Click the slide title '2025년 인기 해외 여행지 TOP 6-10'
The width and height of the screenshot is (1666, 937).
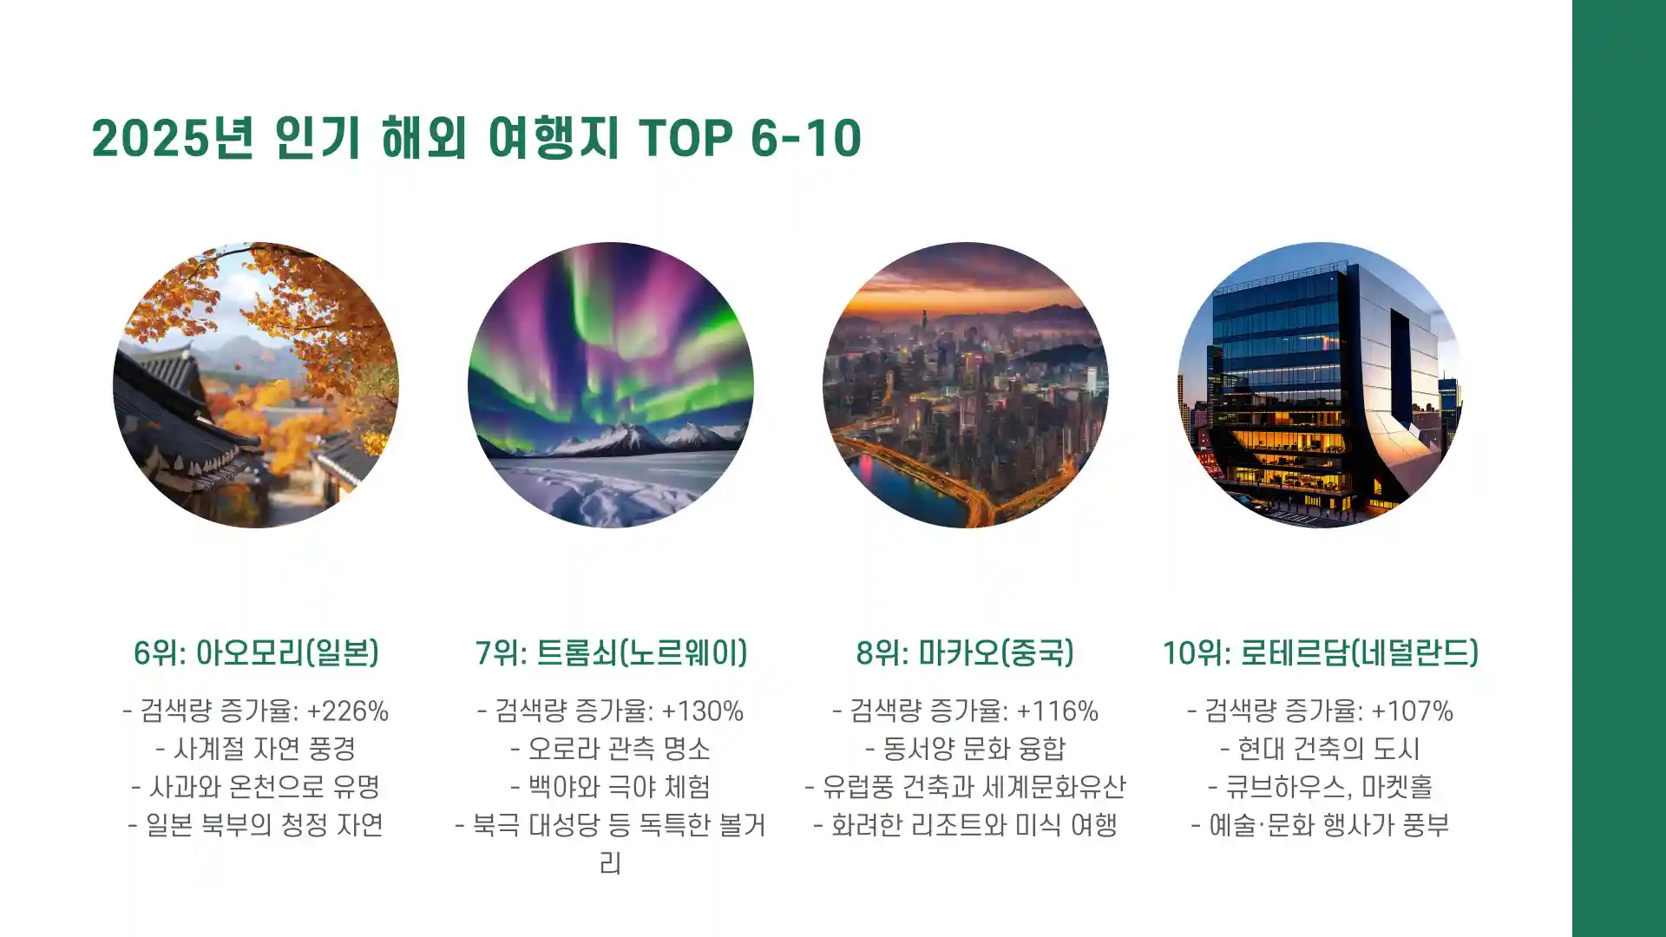[476, 138]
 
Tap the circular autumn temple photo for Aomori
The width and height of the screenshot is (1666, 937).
[256, 384]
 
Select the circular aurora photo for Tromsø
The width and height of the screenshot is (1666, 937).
[611, 384]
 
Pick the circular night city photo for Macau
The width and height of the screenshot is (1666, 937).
[966, 384]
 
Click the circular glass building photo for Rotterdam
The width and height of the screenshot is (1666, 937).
[1320, 384]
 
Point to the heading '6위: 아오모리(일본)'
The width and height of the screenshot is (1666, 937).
[256, 652]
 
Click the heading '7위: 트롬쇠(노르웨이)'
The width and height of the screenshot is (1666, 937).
[611, 652]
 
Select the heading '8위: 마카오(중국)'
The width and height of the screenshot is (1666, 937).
[965, 652]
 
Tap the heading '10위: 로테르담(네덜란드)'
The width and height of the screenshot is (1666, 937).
[1320, 652]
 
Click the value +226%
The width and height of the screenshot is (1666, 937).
[348, 711]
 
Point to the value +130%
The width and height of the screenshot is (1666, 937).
[703, 711]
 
